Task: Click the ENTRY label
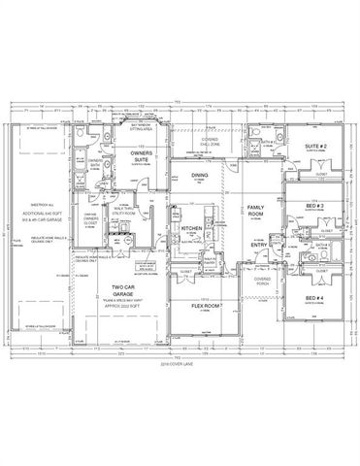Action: coord(256,244)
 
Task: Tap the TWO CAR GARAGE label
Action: coord(123,291)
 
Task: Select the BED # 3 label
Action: coord(312,208)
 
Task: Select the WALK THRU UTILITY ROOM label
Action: coord(121,211)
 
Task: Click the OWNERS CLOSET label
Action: coord(89,222)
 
